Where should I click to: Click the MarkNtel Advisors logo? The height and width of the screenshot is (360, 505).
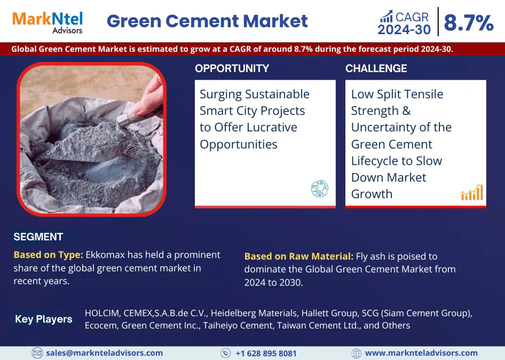coord(48,22)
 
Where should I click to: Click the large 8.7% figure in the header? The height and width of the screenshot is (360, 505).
coord(469,22)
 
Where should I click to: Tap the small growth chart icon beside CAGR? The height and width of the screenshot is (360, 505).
coord(386,16)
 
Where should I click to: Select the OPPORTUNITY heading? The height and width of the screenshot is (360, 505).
coord(232,68)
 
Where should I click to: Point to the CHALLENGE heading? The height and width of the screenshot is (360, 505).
coord(376,68)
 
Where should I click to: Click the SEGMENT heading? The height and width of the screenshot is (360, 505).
coord(38,237)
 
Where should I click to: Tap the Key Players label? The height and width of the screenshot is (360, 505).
coord(43,319)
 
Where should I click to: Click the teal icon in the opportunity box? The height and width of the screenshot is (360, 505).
coord(319,189)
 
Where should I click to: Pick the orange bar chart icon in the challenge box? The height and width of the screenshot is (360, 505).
coord(472,192)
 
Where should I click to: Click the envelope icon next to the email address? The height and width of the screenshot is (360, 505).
coord(37,353)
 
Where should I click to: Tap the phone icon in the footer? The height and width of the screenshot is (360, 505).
coord(225,353)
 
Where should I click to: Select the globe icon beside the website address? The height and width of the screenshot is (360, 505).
coord(356,353)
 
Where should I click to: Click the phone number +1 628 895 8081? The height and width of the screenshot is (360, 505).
coord(266,354)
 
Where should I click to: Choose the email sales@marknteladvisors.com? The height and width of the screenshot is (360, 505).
coord(104,353)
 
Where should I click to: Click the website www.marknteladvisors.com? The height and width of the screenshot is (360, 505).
coord(421,353)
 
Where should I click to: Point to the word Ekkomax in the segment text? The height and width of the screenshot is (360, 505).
coord(105,255)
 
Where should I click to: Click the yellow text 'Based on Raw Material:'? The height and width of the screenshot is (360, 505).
coord(299,256)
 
